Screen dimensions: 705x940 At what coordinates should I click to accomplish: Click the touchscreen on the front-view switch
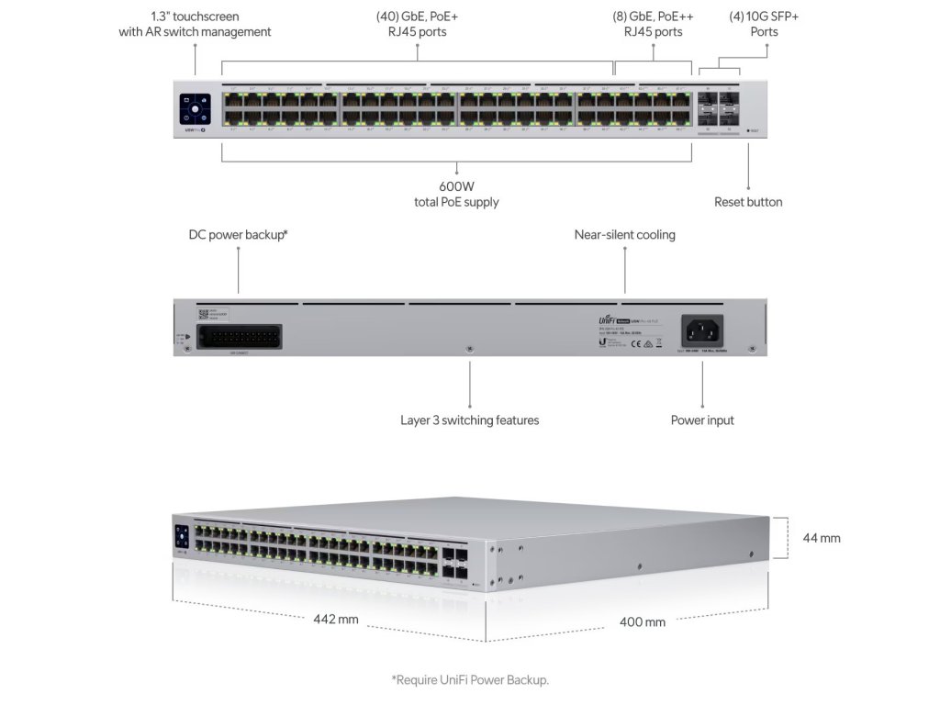click(196, 108)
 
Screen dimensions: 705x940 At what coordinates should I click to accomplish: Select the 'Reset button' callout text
click(748, 202)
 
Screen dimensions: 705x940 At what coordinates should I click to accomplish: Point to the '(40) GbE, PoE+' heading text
click(418, 16)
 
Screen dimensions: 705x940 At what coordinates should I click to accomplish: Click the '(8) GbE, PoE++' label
click(654, 16)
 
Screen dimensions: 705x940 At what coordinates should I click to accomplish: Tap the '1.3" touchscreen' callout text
click(195, 16)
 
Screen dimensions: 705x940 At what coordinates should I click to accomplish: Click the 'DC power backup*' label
click(239, 235)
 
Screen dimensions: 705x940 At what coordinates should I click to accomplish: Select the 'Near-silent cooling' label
click(624, 235)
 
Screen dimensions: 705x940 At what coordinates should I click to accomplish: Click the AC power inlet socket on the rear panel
click(702, 330)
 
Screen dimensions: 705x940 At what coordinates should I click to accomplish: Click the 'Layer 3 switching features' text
click(469, 420)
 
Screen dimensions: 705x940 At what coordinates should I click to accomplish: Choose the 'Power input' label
click(702, 420)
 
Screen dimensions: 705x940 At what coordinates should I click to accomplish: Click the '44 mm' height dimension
click(821, 538)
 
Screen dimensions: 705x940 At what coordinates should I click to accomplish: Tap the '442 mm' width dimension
click(336, 619)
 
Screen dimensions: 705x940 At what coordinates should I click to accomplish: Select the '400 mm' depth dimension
click(643, 621)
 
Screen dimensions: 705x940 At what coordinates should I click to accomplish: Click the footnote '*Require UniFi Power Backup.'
click(470, 680)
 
